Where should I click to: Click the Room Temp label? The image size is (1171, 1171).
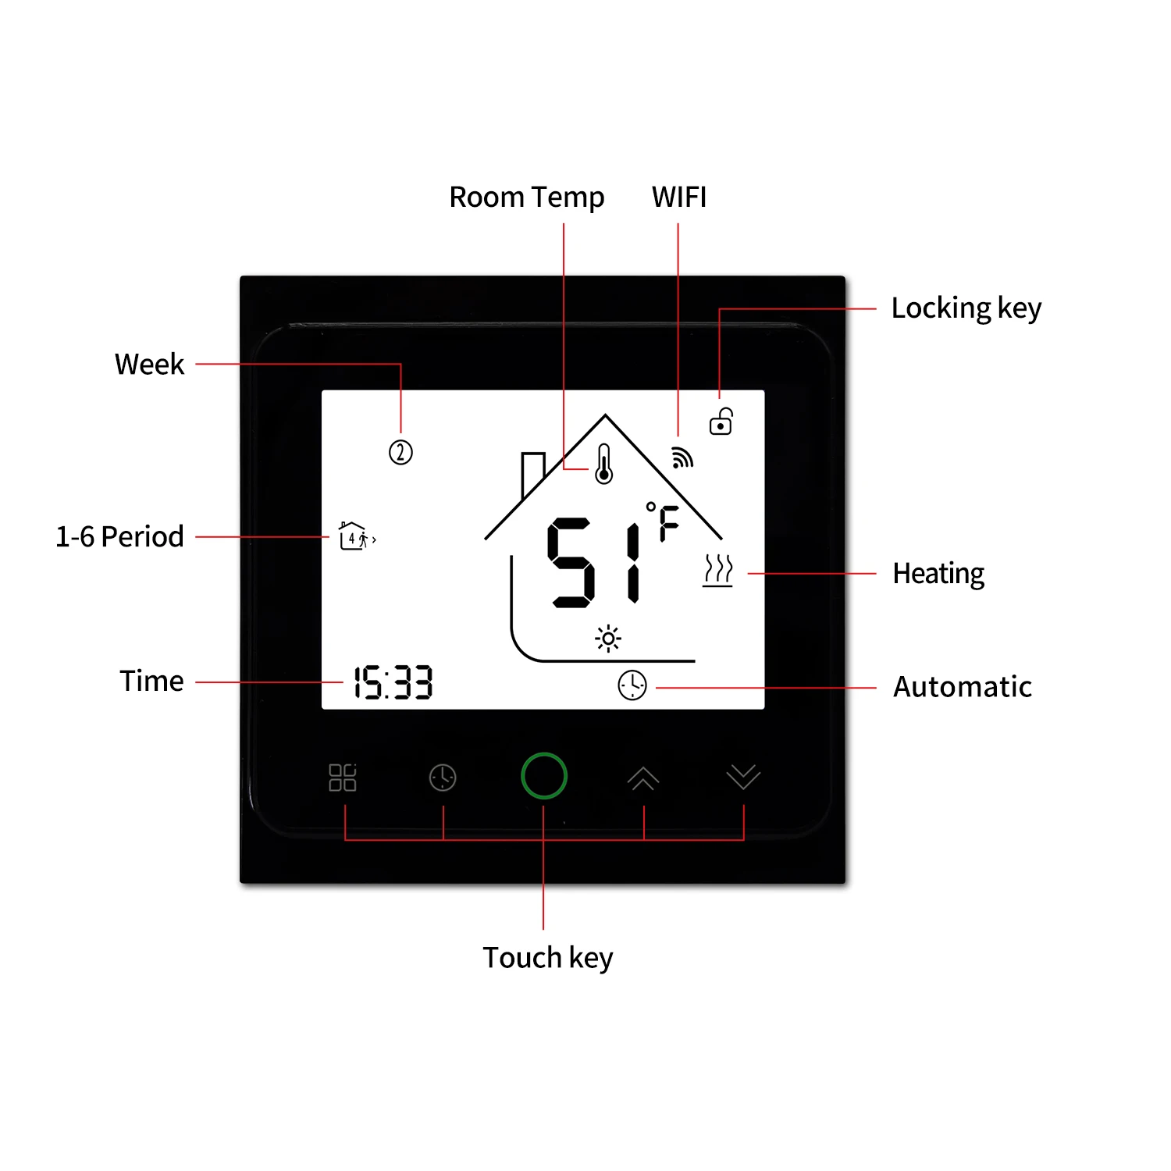[x=526, y=198]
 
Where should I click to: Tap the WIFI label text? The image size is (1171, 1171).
[x=679, y=198]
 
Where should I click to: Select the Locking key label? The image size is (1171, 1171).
[x=966, y=308]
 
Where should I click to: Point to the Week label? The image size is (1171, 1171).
[x=149, y=365]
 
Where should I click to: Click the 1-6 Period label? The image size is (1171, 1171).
[x=119, y=537]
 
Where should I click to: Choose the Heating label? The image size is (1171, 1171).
[x=938, y=574]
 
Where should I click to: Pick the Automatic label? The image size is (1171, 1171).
[x=962, y=687]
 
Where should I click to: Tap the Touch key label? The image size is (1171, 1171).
[x=547, y=958]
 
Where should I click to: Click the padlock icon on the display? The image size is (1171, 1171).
[x=721, y=422]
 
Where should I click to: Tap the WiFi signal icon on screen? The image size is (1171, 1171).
[x=682, y=458]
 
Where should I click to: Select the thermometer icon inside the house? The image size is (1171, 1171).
[x=603, y=464]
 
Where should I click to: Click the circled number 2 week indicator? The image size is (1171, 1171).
[x=400, y=452]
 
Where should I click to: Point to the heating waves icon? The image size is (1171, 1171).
[x=717, y=571]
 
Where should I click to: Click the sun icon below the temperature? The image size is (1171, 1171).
[x=608, y=639]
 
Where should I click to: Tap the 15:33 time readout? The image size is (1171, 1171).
[x=393, y=683]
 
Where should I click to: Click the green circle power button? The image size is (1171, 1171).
[x=543, y=776]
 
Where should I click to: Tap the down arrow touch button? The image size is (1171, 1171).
[x=742, y=777]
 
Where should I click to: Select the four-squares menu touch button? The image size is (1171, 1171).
[x=343, y=778]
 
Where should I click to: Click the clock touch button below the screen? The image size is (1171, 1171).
[x=443, y=778]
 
